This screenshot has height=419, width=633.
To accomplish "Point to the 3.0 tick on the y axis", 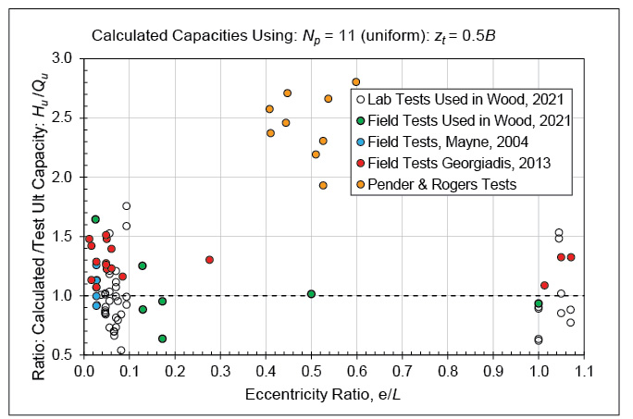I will click(62, 58).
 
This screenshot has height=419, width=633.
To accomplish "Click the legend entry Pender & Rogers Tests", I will click(441, 184).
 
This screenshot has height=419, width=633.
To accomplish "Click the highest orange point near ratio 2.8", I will click(356, 81).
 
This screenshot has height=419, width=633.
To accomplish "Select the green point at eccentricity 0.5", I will click(311, 294).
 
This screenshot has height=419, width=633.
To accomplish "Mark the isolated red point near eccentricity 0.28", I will click(209, 260).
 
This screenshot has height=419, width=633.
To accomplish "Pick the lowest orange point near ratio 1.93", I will click(323, 185).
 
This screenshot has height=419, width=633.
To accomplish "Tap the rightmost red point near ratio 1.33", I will click(571, 257).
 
